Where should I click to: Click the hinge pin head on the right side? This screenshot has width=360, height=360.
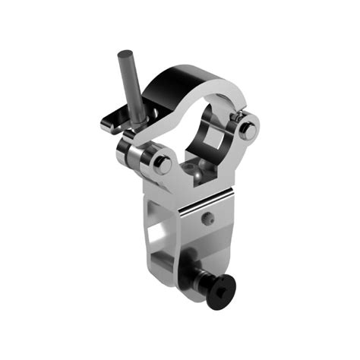pyautogui.click(x=246, y=128)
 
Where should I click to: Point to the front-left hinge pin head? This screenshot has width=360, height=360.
pyautogui.click(x=161, y=163)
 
